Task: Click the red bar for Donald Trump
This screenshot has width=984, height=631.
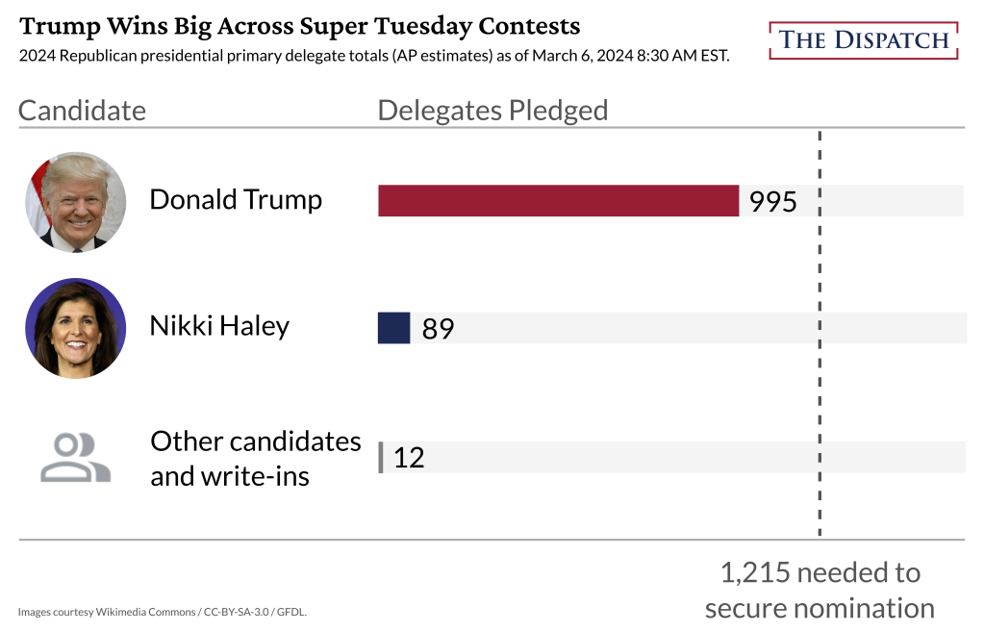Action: [558, 200]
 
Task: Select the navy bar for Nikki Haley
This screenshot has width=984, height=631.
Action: [394, 328]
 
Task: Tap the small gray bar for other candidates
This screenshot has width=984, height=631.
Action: [381, 457]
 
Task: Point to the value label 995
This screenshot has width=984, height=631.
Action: [773, 202]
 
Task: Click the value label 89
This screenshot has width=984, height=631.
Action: [438, 329]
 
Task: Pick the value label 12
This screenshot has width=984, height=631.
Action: [409, 458]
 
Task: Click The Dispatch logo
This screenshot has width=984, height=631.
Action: [864, 40]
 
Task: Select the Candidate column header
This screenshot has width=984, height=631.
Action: [82, 111]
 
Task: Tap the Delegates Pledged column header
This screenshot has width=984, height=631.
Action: [492, 111]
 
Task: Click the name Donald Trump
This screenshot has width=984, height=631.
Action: [236, 199]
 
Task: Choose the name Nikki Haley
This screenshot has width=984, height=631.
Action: [219, 326]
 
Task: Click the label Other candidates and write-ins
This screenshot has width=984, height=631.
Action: [255, 458]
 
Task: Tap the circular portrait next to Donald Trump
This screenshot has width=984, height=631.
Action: [75, 201]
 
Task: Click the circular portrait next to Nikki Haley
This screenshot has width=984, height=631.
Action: [75, 328]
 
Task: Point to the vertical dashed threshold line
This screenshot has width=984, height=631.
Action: [820, 385]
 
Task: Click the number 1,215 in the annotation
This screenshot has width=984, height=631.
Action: [755, 573]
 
